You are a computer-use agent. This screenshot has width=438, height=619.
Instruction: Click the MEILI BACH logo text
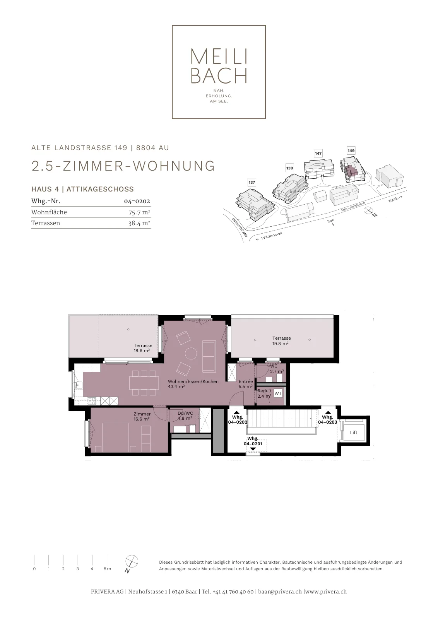tap(219, 66)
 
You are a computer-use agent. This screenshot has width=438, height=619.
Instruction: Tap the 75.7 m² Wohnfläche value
tap(139, 212)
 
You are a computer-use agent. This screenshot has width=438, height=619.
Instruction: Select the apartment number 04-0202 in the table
tap(137, 201)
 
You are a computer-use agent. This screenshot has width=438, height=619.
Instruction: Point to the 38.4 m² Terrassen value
tap(139, 223)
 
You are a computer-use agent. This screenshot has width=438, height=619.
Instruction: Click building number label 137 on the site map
tap(252, 182)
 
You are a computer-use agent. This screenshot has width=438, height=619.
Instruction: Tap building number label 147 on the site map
tap(318, 153)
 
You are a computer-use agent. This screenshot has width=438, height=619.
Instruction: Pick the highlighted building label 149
tap(351, 150)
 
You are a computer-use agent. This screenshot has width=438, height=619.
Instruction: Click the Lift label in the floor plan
tap(353, 433)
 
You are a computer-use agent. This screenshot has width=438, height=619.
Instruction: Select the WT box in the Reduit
tap(278, 393)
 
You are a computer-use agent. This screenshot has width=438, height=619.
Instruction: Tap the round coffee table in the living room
tap(191, 353)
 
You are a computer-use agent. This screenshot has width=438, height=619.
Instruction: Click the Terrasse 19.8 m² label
tap(281, 341)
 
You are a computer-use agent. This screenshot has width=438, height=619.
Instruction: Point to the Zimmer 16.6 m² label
tap(142, 416)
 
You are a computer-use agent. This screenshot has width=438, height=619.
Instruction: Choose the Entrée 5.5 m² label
tap(246, 384)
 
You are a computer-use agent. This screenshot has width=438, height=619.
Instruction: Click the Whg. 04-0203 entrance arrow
tap(327, 412)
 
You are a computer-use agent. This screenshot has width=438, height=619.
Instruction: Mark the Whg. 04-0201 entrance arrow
tap(253, 449)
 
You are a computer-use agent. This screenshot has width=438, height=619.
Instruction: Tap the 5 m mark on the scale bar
tap(107, 565)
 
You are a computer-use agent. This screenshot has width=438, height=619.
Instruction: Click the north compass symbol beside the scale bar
tap(132, 561)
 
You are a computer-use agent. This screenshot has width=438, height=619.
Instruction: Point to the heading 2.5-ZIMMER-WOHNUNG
tap(123, 166)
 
